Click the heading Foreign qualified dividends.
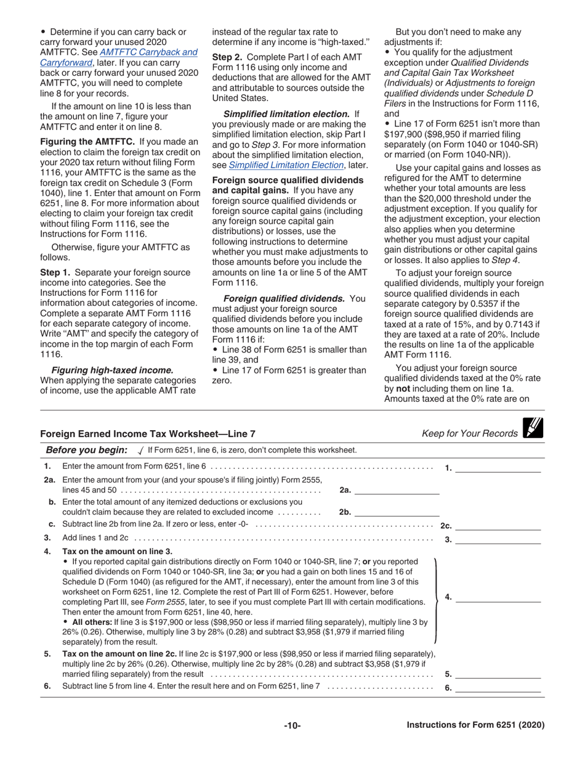point(284,298)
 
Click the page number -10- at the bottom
point(292,726)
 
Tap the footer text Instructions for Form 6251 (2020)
point(475,725)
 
